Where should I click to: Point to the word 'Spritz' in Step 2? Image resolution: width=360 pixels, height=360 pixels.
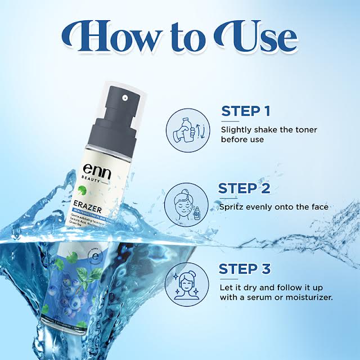point(233,208)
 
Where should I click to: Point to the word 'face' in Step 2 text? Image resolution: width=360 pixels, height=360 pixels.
point(317,208)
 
